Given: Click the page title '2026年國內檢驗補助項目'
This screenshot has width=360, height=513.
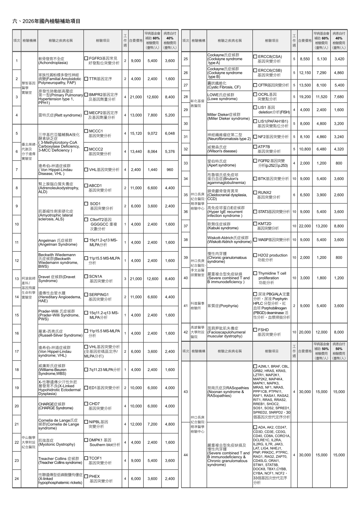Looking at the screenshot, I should click(51, 21).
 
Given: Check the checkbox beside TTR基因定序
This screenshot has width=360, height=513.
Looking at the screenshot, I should click(86, 79).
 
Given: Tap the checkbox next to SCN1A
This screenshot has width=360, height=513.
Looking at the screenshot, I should click(86, 276).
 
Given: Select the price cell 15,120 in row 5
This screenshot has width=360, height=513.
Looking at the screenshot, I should click(136, 133).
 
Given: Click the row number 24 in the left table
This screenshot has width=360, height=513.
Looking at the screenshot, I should click(17, 479).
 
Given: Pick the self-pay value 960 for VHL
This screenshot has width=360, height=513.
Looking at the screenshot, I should click(170, 170).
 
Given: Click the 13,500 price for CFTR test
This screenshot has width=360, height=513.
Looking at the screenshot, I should click(305, 85).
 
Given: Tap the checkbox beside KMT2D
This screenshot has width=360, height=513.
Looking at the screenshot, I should click(255, 224).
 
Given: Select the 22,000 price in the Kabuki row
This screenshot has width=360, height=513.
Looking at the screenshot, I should click(305, 226).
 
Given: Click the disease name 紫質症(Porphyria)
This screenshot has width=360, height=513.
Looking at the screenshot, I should click(223, 306).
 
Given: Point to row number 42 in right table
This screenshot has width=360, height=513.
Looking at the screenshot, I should click(185, 332).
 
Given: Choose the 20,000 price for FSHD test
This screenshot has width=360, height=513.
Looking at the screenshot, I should click(305, 332).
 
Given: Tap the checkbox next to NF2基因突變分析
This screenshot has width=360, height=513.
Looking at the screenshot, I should click(255, 137).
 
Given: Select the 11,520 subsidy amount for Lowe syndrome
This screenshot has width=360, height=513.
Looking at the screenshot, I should click(321, 97).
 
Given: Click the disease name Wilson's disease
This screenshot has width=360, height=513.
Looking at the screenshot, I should click(222, 151).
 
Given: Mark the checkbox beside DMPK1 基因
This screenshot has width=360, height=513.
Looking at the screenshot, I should click(86, 440).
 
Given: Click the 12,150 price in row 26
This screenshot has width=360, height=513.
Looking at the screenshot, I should click(305, 73).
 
